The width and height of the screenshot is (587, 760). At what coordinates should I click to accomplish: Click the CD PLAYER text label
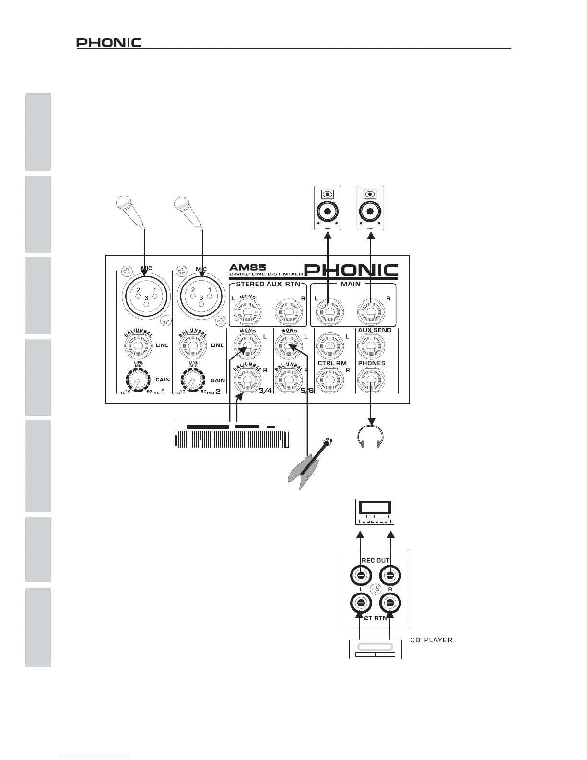tap(431, 641)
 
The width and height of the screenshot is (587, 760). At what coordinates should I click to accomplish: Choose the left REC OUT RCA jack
tap(361, 576)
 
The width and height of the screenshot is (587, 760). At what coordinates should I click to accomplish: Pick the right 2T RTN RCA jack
tap(389, 603)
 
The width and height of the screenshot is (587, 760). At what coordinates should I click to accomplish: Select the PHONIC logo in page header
tap(109, 43)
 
